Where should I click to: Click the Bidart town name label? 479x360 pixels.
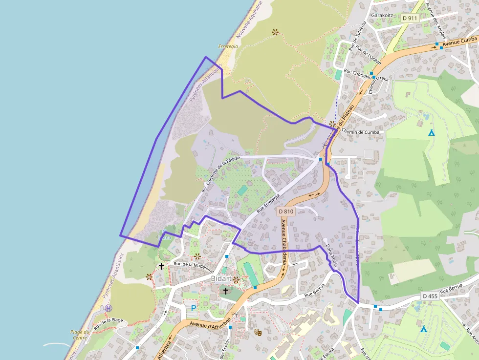[221, 278]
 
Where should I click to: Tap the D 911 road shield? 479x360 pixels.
[410, 18]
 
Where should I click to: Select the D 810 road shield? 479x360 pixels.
[285, 212]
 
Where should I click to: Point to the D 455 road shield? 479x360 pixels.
[430, 296]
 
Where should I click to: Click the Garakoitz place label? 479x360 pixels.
[383, 16]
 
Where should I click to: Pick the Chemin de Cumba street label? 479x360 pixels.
[360, 132]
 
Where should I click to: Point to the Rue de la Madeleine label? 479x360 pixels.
[194, 267]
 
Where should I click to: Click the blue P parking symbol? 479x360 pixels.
[194, 308]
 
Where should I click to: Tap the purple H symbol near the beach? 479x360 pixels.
[108, 308]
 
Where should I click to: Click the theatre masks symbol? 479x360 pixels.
[258, 332]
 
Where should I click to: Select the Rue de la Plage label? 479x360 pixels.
[108, 322]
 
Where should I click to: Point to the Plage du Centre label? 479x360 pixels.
[80, 335]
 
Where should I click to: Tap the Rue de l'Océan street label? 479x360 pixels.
[368, 55]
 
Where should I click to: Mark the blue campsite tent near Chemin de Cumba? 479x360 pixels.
[432, 133]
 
